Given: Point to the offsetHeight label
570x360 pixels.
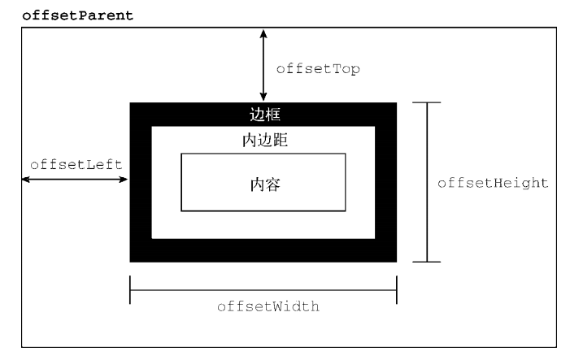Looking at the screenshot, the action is pos(492,183).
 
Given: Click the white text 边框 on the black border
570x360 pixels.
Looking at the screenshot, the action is pos(263,114).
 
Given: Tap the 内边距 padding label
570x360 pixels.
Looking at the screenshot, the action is pos(263,140).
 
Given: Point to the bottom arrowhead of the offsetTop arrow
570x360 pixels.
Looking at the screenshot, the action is pos(263,97).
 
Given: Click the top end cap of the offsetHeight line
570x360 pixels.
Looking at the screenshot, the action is pos(427,102).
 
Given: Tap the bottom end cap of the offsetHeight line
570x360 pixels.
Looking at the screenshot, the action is pos(427,262).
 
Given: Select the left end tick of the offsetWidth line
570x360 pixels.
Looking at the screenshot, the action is pos(130,290).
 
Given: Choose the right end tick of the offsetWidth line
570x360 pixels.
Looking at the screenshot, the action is pos(397,290).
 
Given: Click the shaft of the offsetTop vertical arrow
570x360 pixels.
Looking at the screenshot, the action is pos(263,65).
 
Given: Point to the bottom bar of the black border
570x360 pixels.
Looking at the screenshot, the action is pos(263,250).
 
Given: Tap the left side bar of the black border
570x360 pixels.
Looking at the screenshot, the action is pos(141,182).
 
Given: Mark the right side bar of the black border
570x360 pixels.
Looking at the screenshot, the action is pos(386,182).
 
